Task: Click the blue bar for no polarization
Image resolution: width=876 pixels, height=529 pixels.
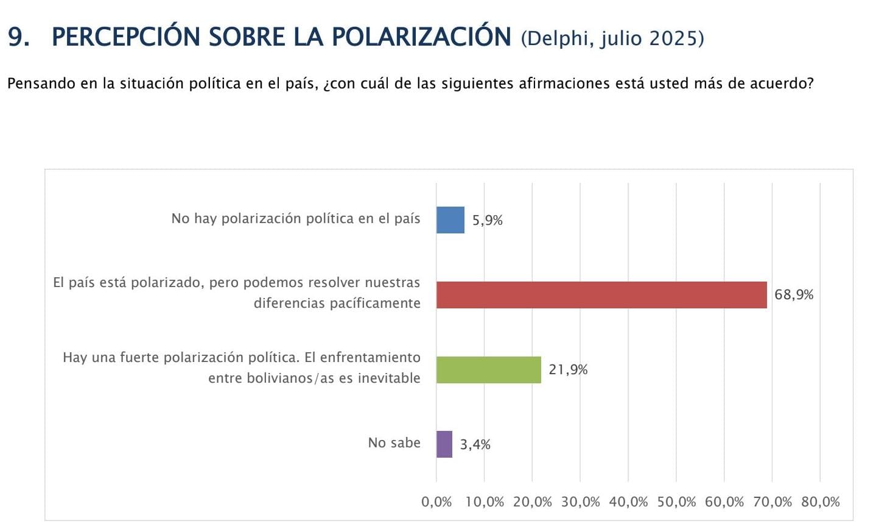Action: pos(450,220)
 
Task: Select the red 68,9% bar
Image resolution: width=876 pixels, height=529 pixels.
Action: pos(601,295)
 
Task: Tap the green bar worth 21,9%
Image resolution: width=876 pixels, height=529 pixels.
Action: pos(488,370)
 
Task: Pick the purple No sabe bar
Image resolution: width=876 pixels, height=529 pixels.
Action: pos(444,444)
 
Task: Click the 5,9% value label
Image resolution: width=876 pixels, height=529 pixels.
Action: pos(487,221)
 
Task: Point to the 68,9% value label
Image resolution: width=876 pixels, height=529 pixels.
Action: pos(794,295)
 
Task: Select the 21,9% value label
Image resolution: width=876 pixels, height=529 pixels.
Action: pos(568,370)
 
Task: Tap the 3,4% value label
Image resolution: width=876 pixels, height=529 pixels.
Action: pos(475,445)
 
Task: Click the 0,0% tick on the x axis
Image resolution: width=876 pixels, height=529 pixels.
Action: pos(436,502)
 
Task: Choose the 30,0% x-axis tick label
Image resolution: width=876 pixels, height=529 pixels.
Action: pos(580,502)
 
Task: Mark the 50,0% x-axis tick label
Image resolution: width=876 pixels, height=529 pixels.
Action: pos(676,502)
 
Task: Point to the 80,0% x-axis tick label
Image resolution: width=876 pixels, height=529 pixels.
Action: pos(821,502)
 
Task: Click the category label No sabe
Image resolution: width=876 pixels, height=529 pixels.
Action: pos(394,443)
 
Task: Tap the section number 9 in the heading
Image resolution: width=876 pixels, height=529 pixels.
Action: pos(17,38)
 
